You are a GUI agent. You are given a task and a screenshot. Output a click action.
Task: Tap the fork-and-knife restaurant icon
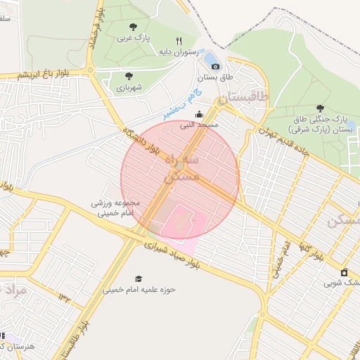pyautogui.click(x=179, y=41)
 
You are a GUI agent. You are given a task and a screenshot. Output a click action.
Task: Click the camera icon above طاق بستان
pyautogui.click(x=215, y=66)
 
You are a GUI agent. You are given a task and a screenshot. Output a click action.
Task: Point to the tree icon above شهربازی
pyautogui.click(x=128, y=76)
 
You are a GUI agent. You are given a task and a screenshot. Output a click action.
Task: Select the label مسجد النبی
pyautogui.click(x=198, y=125)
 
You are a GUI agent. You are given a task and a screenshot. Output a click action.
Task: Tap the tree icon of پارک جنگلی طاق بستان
pyautogui.click(x=320, y=108)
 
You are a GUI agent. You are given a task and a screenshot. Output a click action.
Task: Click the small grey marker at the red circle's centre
pyautogui.click(x=180, y=165)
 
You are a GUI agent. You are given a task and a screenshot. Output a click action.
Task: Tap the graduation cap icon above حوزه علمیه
pyautogui.click(x=139, y=278)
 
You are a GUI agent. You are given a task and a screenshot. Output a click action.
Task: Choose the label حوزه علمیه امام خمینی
pyautogui.click(x=139, y=289)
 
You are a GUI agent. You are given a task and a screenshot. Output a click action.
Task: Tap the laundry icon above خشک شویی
pyautogui.click(x=344, y=273)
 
